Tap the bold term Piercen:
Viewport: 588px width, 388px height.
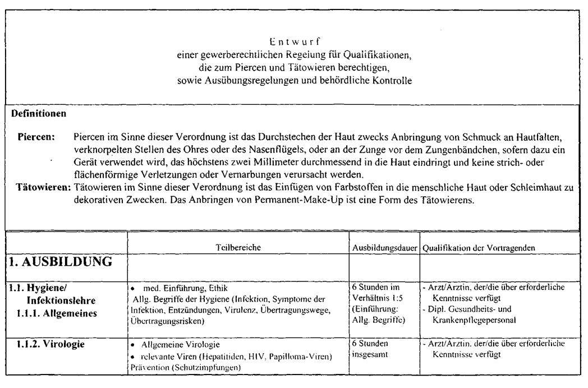tap(36, 136)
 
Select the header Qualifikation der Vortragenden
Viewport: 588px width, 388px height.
tap(478, 247)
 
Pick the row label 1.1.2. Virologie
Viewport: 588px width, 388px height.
tap(53, 344)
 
